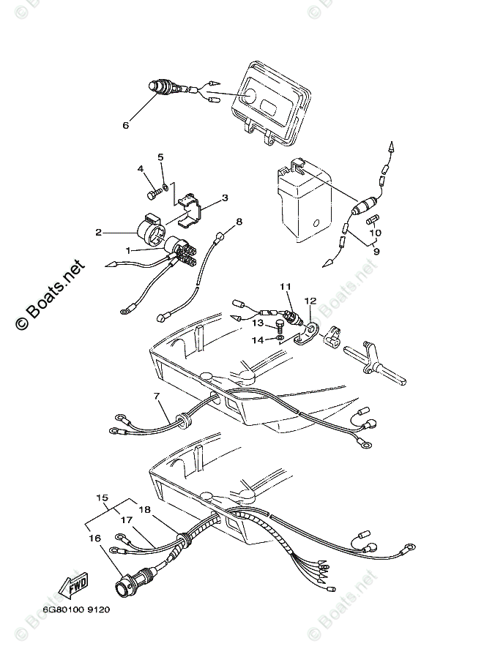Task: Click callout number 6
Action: (124, 124)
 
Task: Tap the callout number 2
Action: (97, 233)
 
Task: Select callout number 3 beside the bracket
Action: (225, 198)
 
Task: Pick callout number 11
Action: (285, 285)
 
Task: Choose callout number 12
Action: (310, 300)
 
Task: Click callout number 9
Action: (376, 251)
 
